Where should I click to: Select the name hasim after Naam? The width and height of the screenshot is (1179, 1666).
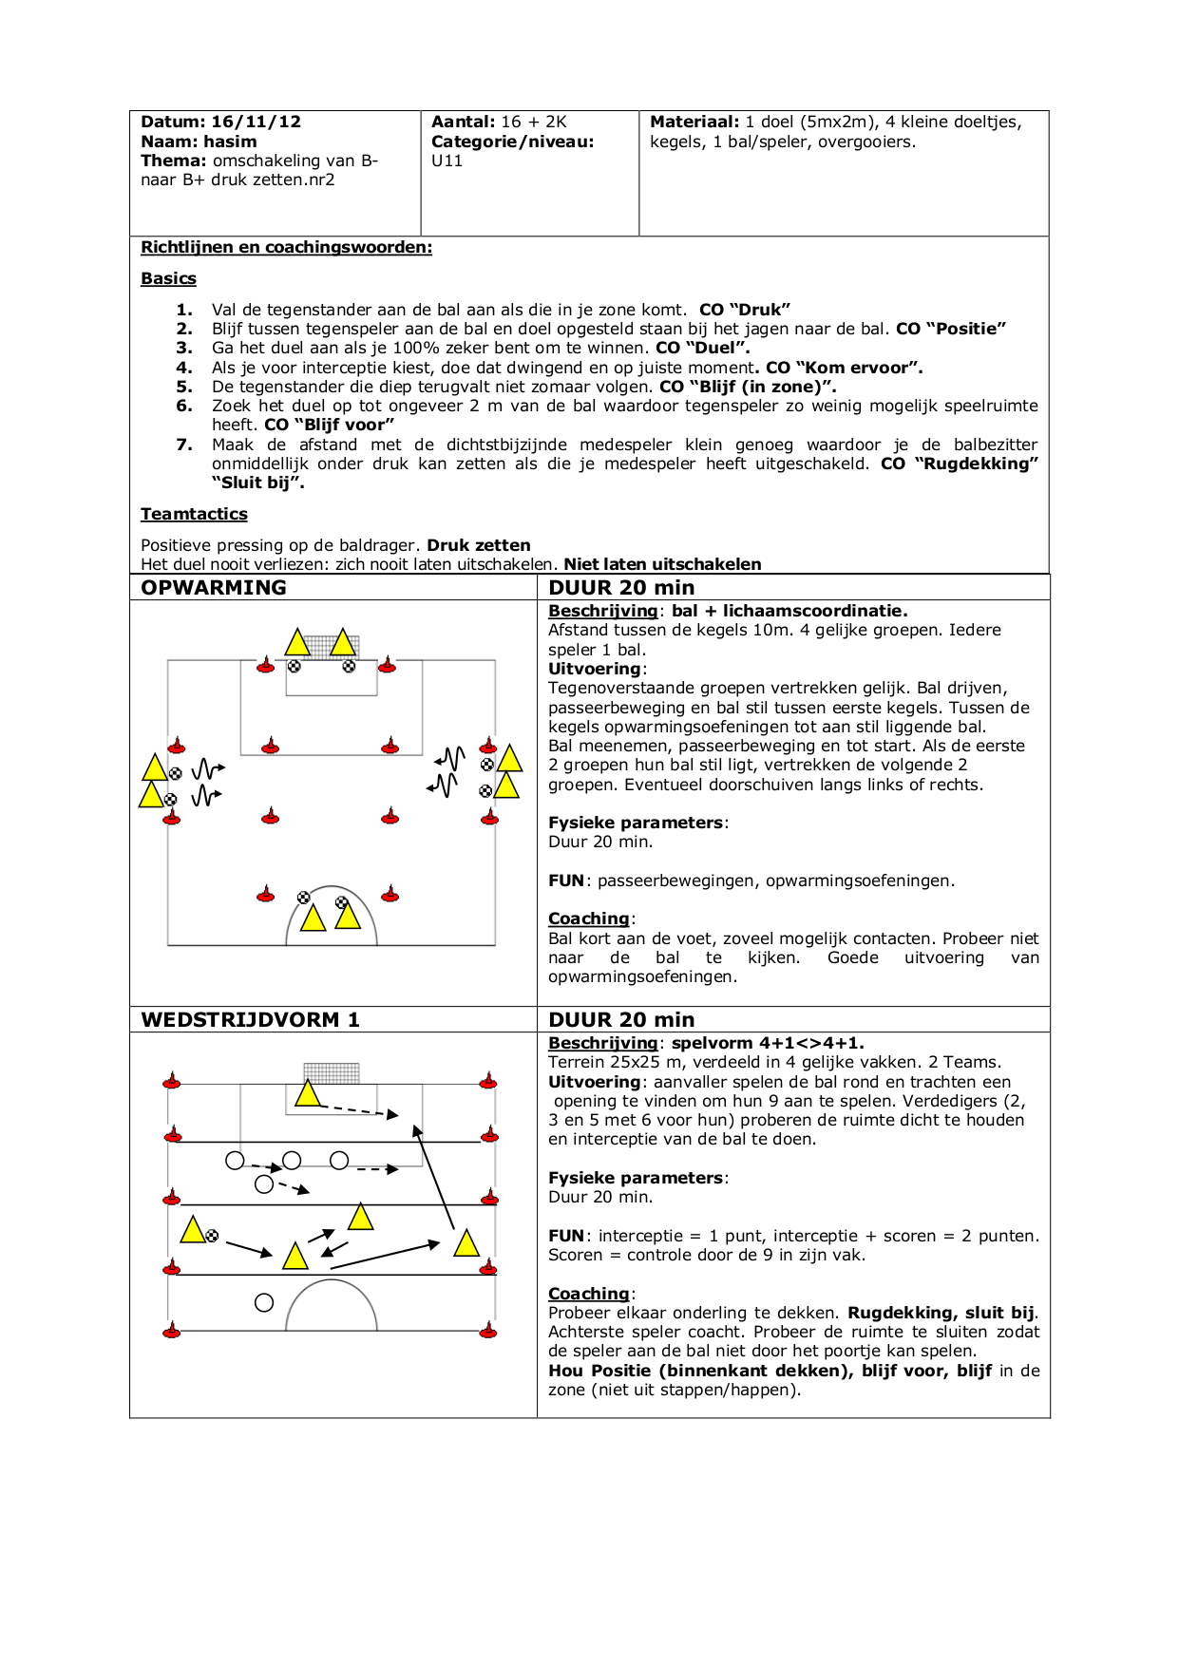point(229,142)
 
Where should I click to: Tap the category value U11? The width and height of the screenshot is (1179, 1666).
point(447,161)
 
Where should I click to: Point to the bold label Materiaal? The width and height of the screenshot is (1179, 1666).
point(694,122)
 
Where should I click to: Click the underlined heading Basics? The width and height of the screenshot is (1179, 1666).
point(168,278)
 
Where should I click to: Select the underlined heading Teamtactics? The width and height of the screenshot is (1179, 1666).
point(194,514)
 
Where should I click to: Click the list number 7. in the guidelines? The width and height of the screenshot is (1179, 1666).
point(184,445)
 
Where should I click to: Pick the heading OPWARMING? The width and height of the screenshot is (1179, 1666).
point(214,587)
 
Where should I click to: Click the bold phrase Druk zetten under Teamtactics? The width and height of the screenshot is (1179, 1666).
point(478,545)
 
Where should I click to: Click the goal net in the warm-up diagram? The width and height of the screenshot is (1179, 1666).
point(320,646)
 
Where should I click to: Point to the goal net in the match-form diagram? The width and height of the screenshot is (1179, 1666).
point(332,1072)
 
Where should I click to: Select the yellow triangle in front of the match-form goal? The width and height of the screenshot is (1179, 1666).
point(308,1093)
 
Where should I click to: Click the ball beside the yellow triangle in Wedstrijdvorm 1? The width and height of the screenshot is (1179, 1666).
point(212,1236)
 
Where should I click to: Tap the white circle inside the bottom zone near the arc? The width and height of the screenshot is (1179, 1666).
point(264,1303)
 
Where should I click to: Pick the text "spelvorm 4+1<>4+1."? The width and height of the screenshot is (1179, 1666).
point(768,1043)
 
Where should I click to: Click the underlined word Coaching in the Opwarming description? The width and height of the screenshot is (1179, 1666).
point(588,918)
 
